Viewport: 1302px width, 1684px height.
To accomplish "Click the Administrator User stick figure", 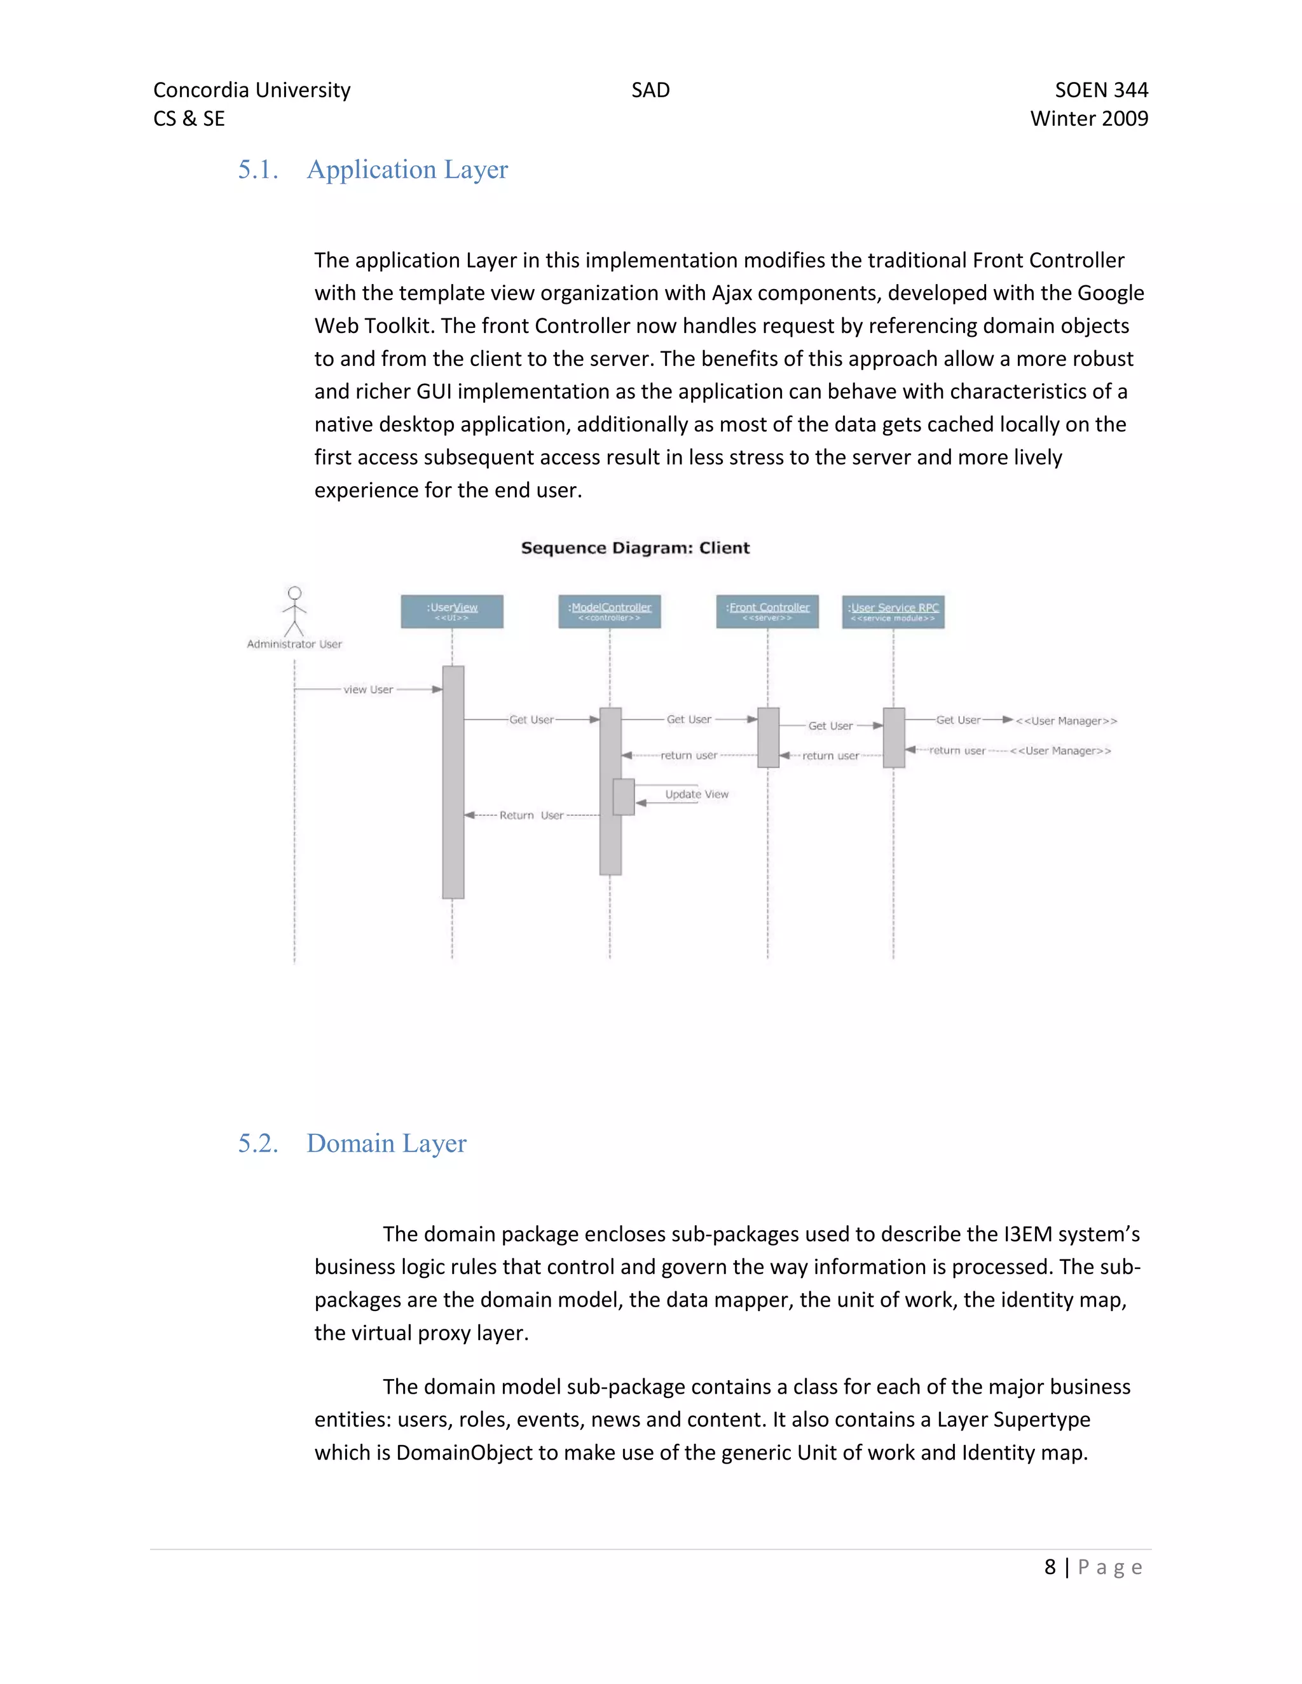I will (x=294, y=611).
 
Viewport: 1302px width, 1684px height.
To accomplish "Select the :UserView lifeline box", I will (x=452, y=611).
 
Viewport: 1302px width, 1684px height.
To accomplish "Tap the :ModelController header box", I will (x=609, y=611).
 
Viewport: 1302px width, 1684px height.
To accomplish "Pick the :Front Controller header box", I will (x=767, y=611).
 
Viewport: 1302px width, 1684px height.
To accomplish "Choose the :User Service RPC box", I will (x=893, y=611).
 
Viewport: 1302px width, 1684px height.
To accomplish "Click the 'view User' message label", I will (x=368, y=689).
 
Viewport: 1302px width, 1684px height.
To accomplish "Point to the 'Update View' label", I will (x=697, y=794).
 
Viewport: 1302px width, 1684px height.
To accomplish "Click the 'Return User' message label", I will (x=531, y=815).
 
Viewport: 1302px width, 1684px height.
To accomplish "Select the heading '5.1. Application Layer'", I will (x=373, y=170).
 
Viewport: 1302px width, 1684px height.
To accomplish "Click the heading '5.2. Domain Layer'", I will (x=352, y=1143).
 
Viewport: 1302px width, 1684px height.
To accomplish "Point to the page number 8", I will (x=1050, y=1568).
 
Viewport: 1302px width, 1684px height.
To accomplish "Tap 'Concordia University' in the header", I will (x=252, y=90).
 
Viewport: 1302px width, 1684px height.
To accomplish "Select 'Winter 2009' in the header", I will (x=1089, y=119).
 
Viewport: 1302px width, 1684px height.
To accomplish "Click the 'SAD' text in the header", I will (x=650, y=90).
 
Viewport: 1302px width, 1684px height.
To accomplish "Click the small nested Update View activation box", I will (x=623, y=796).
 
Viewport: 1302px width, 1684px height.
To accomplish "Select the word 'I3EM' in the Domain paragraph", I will (x=1027, y=1235).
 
